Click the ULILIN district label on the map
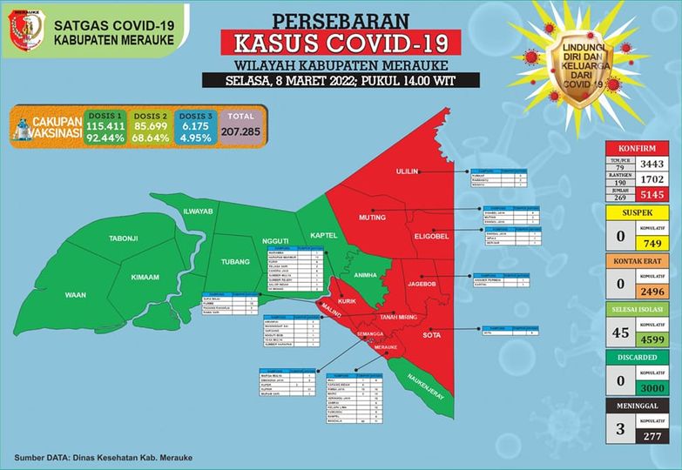click(x=409, y=171)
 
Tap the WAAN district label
click(x=76, y=295)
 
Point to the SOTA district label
click(x=432, y=334)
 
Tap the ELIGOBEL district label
click(x=430, y=235)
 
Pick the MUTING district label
click(x=373, y=217)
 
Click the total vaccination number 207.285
click(x=248, y=131)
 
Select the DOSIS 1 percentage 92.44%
click(x=105, y=138)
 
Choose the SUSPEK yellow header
click(x=639, y=211)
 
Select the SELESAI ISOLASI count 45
click(x=619, y=332)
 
